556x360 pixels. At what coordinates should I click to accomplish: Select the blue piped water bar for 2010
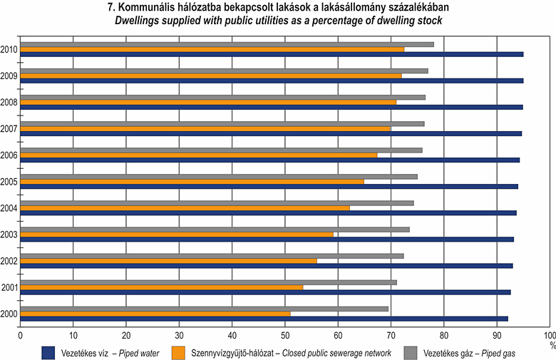coord(272,54)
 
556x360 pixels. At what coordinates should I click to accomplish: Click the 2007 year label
coord(9,128)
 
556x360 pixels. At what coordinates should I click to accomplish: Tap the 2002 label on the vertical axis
coord(9,260)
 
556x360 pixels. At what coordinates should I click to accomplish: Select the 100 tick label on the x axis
coord(548,334)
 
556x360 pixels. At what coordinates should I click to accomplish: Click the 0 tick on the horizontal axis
coord(21,334)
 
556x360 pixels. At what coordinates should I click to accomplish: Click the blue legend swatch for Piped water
coord(48,352)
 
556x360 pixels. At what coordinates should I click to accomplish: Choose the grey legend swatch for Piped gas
coord(411,352)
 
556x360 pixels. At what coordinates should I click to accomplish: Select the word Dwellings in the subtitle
coord(138,21)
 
